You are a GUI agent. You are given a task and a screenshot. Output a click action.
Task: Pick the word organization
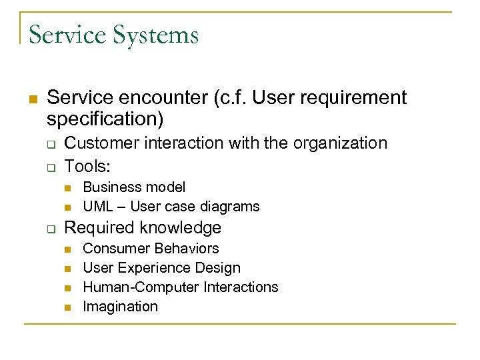click(343, 143)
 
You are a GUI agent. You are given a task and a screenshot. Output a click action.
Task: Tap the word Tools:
click(86, 165)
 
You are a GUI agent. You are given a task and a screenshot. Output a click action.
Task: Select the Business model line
click(134, 187)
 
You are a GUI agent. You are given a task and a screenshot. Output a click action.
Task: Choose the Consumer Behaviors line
click(151, 249)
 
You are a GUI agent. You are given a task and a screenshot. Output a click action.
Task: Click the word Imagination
click(120, 307)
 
